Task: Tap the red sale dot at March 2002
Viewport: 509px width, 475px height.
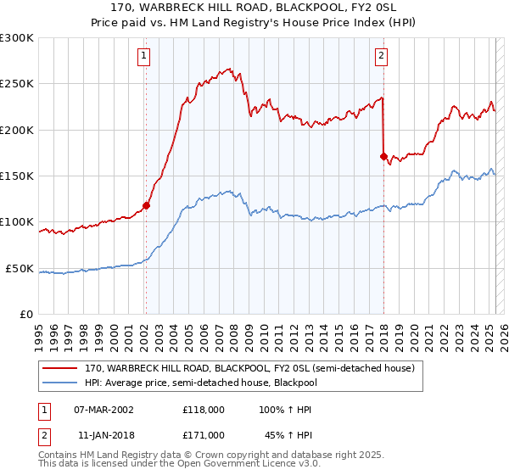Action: (x=146, y=204)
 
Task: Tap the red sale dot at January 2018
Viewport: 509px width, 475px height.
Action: (x=383, y=156)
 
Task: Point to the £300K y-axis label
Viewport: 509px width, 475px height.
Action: (x=17, y=38)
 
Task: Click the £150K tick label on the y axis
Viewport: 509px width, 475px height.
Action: (x=17, y=176)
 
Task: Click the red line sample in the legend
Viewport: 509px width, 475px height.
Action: (x=60, y=368)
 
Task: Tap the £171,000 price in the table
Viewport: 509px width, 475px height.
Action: (x=204, y=434)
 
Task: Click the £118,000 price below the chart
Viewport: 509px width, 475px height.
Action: (x=204, y=409)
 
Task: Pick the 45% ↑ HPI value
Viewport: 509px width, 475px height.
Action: (x=288, y=434)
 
